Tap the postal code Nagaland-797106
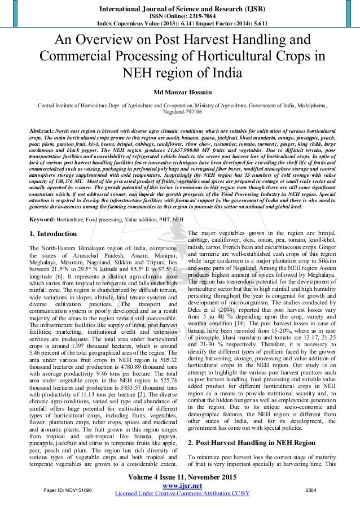[180, 112]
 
